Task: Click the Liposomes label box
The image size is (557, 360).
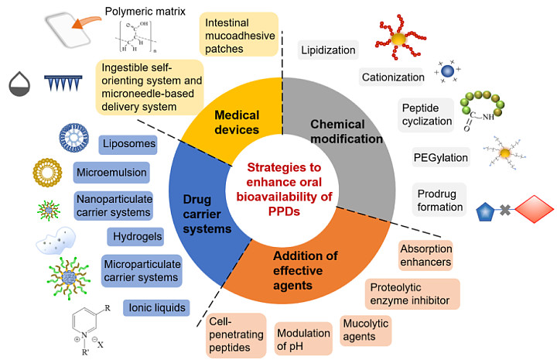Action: [x=128, y=144]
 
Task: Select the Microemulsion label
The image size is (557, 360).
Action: [x=111, y=173]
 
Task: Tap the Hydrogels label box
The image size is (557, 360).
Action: [x=135, y=237]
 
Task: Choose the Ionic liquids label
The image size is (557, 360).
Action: [x=156, y=308]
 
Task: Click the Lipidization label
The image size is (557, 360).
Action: [x=328, y=50]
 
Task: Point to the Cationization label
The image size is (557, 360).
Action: [x=392, y=77]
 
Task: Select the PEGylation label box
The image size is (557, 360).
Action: [x=441, y=157]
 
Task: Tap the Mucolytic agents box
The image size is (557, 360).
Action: [x=366, y=331]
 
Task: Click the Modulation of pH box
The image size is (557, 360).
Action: [x=303, y=338]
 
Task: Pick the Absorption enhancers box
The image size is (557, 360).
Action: [x=425, y=255]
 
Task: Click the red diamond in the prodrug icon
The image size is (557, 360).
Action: [x=535, y=209]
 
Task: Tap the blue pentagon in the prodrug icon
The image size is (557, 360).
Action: [x=485, y=212]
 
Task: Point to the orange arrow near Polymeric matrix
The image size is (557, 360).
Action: [x=86, y=22]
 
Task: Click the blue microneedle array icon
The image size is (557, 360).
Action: [x=63, y=83]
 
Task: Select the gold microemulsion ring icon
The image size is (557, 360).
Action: [x=47, y=173]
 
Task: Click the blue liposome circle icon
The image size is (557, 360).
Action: [x=74, y=138]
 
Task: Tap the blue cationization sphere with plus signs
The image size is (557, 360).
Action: [x=448, y=70]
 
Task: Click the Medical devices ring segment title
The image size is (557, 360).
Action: [x=237, y=122]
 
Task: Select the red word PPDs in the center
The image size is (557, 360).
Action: [x=284, y=211]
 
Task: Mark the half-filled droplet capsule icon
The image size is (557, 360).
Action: [x=19, y=84]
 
